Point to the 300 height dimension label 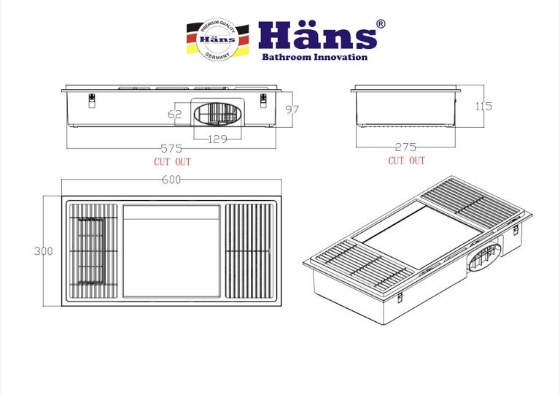coord(43,250)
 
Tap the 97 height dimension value coord(292,110)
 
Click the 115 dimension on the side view coord(483,106)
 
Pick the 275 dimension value coord(405,147)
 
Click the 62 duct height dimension coord(174,114)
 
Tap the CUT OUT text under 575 coord(172,161)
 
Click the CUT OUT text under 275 coord(406,160)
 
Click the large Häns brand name coord(315,35)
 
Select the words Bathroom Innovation coord(315,57)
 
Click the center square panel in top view coord(171,250)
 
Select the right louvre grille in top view coord(250,250)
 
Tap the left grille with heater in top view coord(93,250)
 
